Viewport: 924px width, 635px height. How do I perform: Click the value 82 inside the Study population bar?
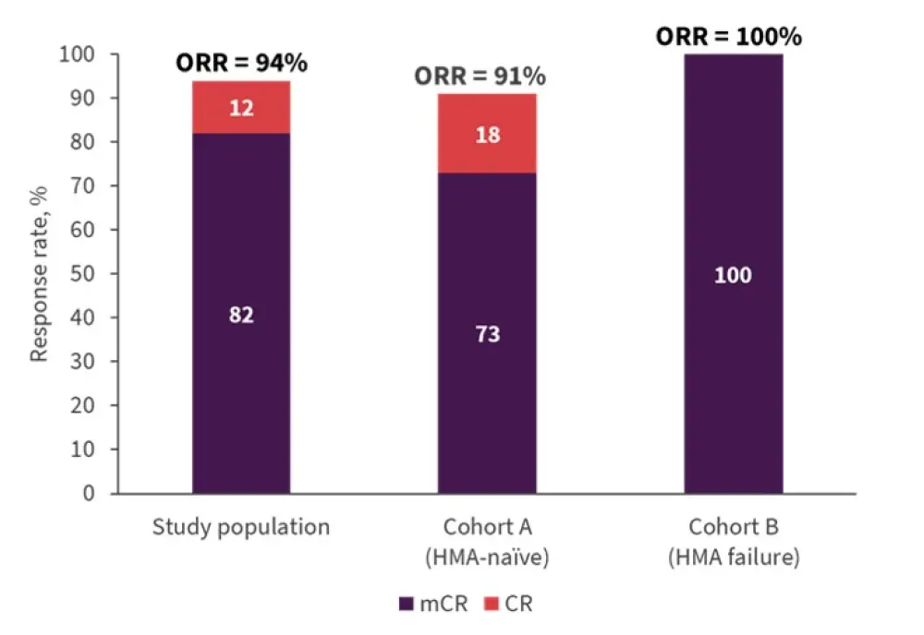241,314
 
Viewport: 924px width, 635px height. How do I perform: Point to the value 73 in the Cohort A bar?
487,333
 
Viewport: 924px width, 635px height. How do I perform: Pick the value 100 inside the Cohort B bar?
733,275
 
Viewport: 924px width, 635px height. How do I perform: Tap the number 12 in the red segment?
241,108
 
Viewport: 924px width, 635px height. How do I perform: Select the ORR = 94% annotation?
242,64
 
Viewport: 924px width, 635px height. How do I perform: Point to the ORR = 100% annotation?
729,37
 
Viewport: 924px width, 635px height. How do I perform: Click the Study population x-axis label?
241,528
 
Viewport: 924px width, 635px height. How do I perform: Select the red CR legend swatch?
491,605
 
